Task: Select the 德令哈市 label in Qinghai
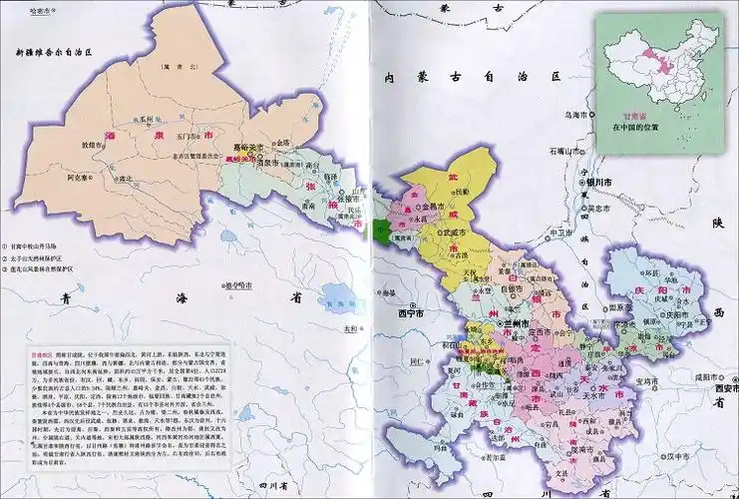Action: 235,285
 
